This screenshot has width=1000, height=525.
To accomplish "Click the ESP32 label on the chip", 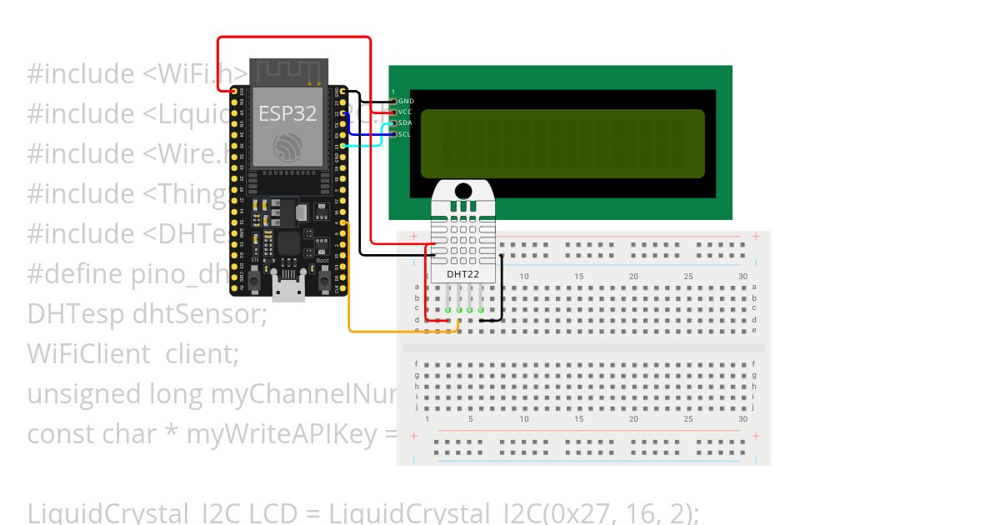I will [x=287, y=113].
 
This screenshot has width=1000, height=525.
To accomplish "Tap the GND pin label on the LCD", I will [x=406, y=101].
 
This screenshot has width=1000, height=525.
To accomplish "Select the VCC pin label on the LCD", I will [x=405, y=112].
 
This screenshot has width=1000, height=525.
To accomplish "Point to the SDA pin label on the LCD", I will [x=405, y=122].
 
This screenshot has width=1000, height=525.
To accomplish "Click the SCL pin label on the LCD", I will [x=404, y=133].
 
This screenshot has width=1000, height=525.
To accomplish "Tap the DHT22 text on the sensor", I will [x=462, y=273].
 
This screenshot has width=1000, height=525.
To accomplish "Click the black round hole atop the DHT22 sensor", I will [x=462, y=190].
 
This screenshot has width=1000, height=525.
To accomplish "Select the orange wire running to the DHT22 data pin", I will [x=348, y=292].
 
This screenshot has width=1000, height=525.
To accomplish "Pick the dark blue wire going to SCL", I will [x=367, y=133].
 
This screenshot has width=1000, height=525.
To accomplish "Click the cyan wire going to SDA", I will [x=367, y=145].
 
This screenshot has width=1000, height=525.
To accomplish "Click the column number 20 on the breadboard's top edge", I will [x=633, y=276].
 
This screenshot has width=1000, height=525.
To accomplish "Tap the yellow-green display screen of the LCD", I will [x=562, y=143].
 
